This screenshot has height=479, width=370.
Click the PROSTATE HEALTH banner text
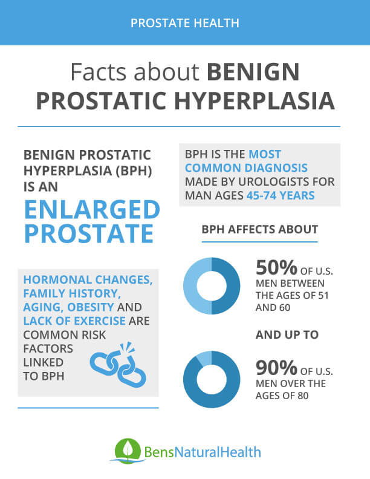185,23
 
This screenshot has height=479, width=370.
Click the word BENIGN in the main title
253,73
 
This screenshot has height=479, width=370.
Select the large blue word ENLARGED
91,210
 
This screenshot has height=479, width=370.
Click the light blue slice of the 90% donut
205,358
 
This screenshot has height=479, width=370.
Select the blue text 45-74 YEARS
281,195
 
